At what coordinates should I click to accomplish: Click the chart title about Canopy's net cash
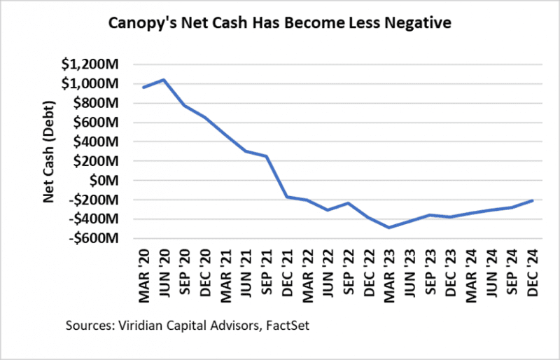(x=279, y=23)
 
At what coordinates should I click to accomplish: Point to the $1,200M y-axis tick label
(x=88, y=64)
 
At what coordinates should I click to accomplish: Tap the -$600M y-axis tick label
(x=92, y=238)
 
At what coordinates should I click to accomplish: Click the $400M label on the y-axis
(x=94, y=141)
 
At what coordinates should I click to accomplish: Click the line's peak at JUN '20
(x=164, y=80)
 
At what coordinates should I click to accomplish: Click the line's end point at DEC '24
(x=533, y=200)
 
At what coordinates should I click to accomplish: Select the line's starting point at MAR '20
(x=143, y=87)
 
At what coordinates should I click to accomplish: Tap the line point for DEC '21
(x=287, y=197)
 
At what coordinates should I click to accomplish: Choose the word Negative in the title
(x=422, y=23)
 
